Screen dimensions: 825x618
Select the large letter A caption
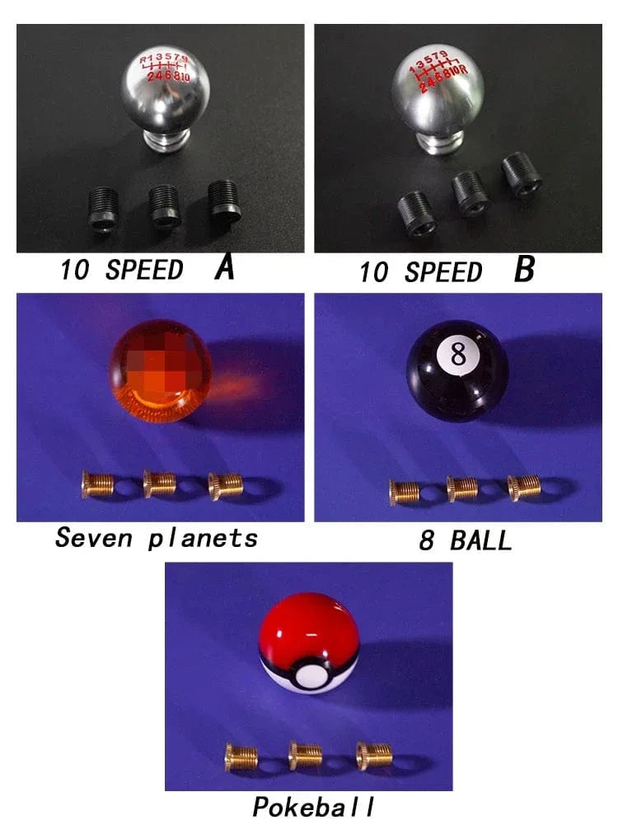point(223,269)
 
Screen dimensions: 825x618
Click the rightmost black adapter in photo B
point(521,174)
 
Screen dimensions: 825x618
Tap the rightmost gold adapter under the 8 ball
point(524,488)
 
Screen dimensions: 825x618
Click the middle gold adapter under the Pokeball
point(306,755)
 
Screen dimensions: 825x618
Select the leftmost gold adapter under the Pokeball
point(242,756)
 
